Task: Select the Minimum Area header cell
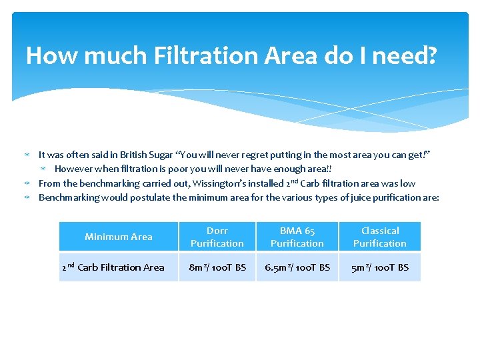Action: click(x=119, y=237)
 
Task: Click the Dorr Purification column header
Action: click(x=217, y=237)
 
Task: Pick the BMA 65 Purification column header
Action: click(x=297, y=237)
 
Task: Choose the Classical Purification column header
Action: click(x=380, y=237)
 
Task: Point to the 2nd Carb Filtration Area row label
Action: click(x=113, y=267)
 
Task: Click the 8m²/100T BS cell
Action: click(x=217, y=267)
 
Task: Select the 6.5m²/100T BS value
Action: click(x=297, y=267)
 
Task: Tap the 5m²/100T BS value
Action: click(x=380, y=267)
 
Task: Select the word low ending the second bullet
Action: click(x=407, y=183)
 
